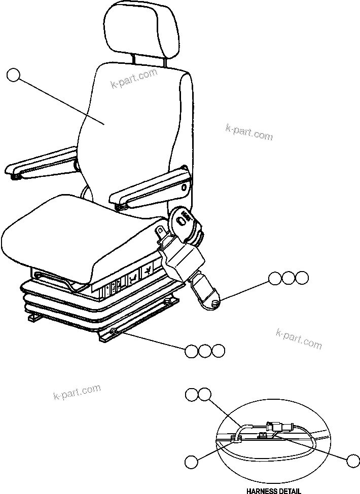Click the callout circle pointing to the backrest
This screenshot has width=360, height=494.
coord(14,76)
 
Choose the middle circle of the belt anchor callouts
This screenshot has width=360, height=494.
coord(289,278)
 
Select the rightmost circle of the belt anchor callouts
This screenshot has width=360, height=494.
coord(302,278)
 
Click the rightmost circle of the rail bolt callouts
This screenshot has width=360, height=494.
coord(218,351)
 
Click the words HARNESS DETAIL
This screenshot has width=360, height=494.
coord(273,490)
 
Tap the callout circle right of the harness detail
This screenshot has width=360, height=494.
coord(353,461)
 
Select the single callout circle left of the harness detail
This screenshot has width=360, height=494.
coord(191,461)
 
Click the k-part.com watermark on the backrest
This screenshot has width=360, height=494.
coord(134,79)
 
